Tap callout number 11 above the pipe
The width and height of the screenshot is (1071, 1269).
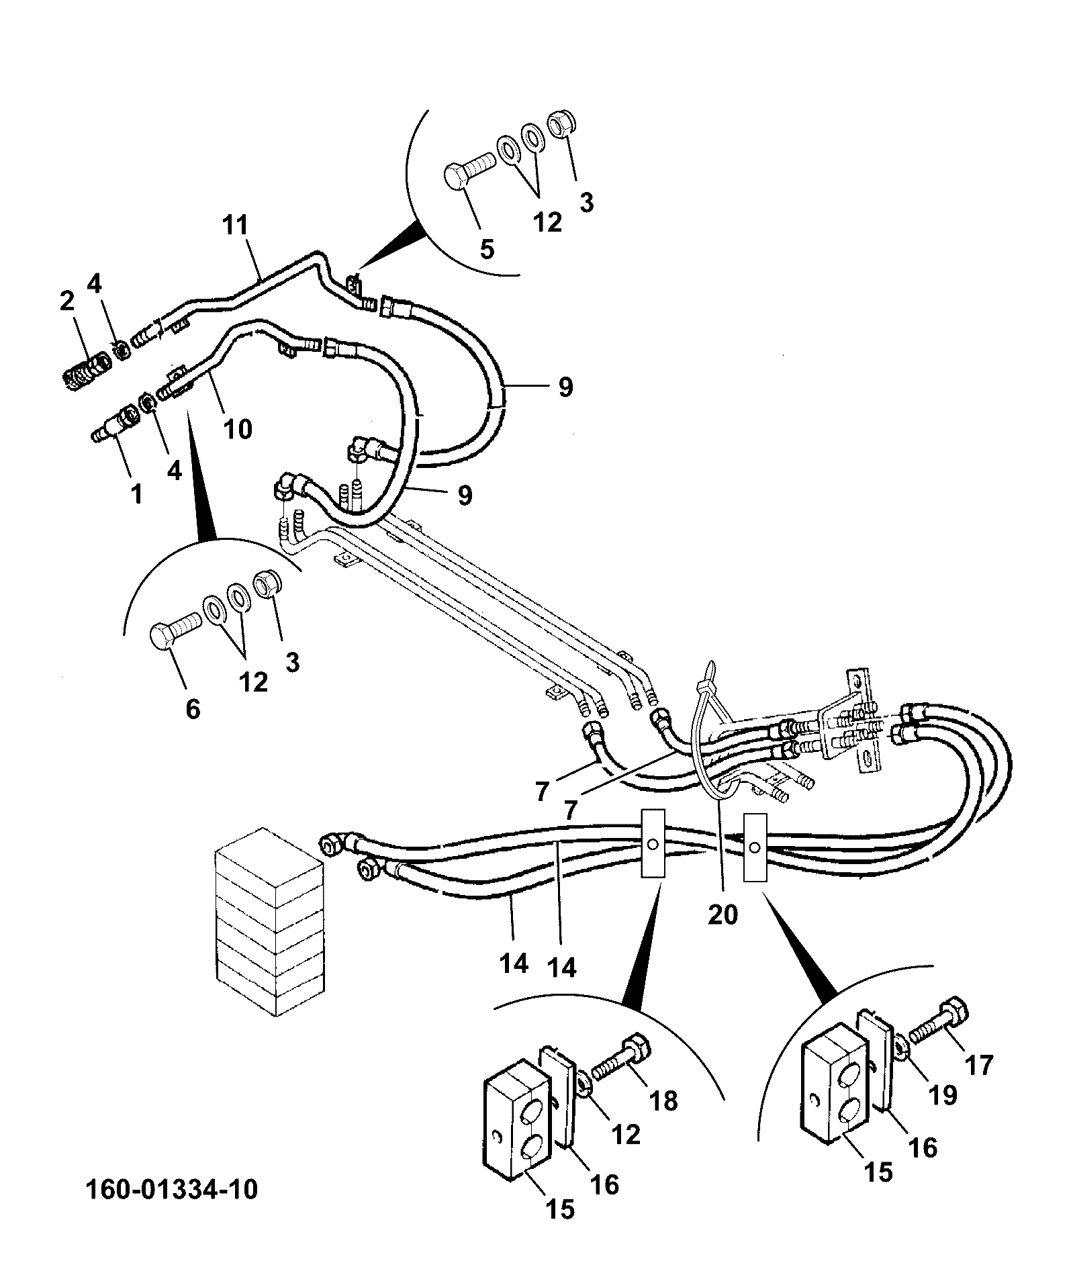tap(236, 226)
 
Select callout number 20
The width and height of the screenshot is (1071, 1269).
tap(723, 914)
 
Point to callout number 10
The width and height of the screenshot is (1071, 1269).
tap(237, 428)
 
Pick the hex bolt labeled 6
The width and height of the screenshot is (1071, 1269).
tap(176, 629)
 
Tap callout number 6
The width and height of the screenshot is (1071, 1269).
tap(193, 709)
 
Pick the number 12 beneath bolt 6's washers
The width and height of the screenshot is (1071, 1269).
tap(253, 682)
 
